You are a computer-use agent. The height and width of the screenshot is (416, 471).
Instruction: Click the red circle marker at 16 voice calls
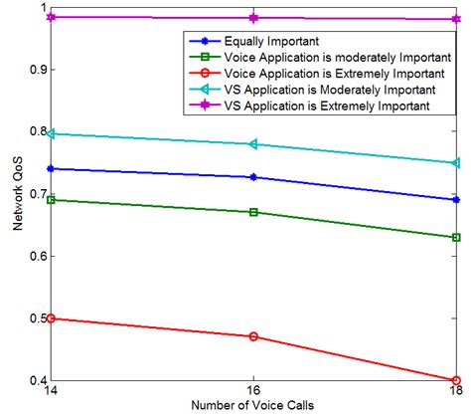click(x=253, y=336)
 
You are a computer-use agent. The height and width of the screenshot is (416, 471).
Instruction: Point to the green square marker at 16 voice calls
click(x=253, y=212)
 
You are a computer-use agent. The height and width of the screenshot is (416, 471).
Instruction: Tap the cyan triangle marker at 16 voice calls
click(x=253, y=144)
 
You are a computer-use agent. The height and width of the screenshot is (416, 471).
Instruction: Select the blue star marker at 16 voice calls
click(x=253, y=177)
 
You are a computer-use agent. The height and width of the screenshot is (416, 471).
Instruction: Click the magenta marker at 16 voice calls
click(x=253, y=18)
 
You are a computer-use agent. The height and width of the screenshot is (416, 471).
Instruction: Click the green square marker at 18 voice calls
click(x=455, y=237)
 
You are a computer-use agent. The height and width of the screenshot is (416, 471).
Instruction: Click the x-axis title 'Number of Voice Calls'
click(x=252, y=407)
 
